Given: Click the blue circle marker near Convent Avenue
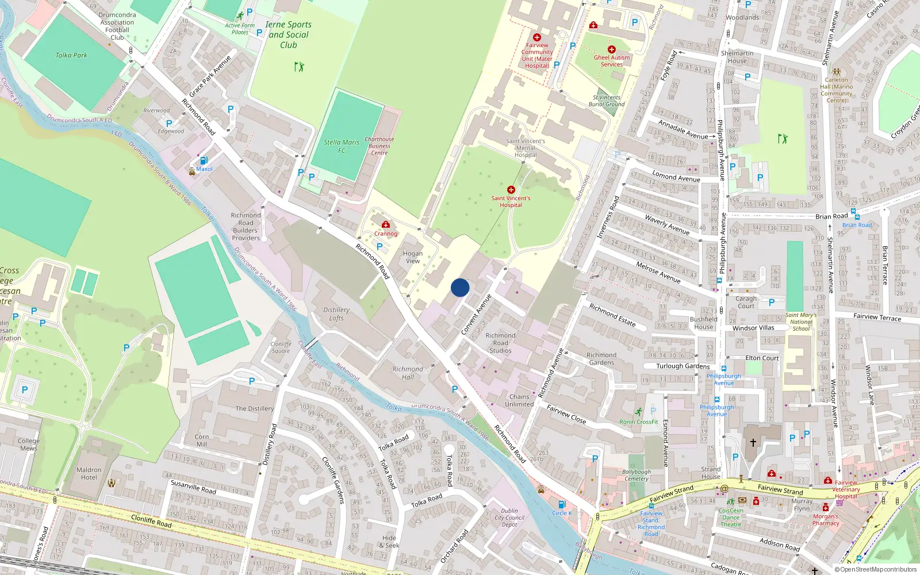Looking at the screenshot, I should pos(460,287).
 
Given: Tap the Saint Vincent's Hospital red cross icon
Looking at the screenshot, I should pos(511,190).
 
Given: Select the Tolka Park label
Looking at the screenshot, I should pos(71,55).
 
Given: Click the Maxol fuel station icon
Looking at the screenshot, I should pos(203,161).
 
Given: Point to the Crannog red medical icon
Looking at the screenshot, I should pos(386,225).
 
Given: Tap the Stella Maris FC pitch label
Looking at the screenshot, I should pos(342,146).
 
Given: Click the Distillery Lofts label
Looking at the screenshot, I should pos(336,314).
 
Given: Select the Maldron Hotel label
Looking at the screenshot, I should pos(89,473).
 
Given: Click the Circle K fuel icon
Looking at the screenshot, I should pos(562,504).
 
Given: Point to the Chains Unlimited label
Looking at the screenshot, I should pos(519,400).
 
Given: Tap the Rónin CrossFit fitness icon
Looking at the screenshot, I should pos(639,412).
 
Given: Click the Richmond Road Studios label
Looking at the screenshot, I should pos(500,343).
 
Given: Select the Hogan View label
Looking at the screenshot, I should pos(412,257).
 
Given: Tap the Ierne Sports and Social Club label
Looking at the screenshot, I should pos(289,34).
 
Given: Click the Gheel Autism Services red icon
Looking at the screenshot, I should pos(612,50).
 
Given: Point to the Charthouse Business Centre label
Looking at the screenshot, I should pos(379,146).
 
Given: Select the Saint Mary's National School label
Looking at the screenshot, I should pos(801,322).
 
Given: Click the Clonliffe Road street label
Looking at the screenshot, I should pos(151,521).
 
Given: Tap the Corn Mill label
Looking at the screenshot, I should pos(202,440).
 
